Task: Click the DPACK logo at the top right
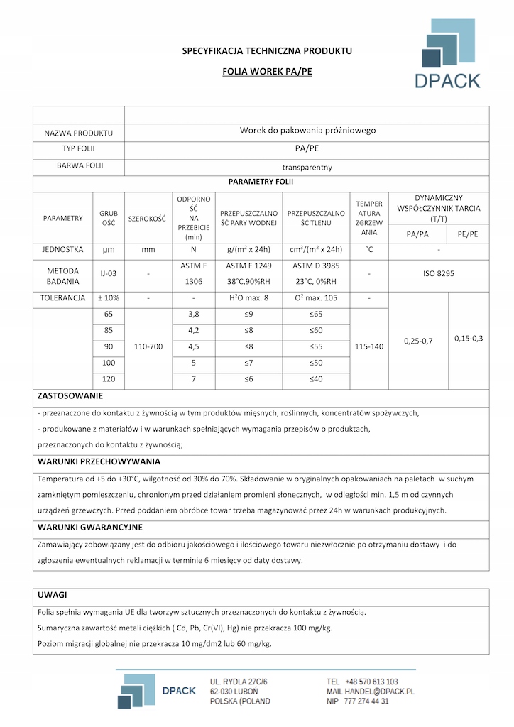[447, 55]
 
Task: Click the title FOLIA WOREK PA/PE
[267, 72]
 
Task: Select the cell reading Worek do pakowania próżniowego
[307, 131]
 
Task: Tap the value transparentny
[307, 168]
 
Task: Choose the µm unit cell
[109, 250]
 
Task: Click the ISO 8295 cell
[439, 273]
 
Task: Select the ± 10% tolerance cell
[108, 298]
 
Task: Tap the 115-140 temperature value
[369, 346]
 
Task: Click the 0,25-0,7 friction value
[418, 341]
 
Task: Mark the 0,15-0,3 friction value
[469, 338]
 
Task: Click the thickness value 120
[109, 379]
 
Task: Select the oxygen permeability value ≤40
[316, 379]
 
